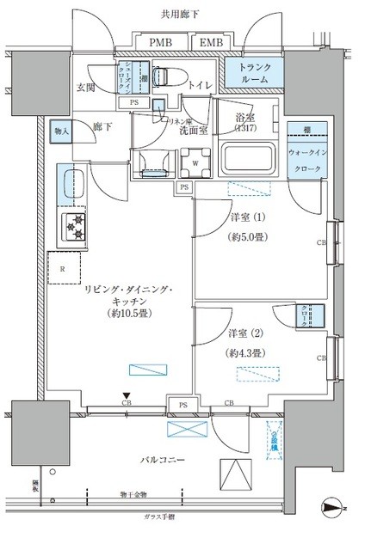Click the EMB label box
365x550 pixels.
click(208, 42)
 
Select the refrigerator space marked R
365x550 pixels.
click(65, 268)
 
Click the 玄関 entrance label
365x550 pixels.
click(86, 86)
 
